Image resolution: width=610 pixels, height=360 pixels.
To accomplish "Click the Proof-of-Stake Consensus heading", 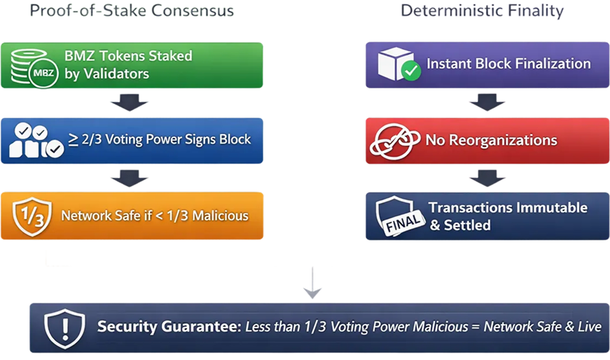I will tap(132, 11).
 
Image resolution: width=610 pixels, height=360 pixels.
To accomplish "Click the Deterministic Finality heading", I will tap(482, 11).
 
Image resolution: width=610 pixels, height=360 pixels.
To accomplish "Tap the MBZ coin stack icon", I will tap(36, 66).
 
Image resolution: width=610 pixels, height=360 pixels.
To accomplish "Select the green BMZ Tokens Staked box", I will tap(132, 65).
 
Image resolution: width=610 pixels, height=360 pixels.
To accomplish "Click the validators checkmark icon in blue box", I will tap(36, 141).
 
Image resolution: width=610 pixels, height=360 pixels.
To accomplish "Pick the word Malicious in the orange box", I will tap(218, 216).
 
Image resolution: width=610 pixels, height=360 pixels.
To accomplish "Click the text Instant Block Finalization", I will tap(508, 64).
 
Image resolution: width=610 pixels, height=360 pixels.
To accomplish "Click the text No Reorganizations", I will tap(491, 140).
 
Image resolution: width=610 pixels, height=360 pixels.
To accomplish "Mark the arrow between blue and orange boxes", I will tap(130, 177).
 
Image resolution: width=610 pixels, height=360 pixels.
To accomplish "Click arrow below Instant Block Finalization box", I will tap(487, 102).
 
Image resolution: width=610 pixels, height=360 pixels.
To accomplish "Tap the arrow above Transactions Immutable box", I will tap(487, 177).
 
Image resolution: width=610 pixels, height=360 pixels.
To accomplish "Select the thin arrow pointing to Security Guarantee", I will tap(312, 284).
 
